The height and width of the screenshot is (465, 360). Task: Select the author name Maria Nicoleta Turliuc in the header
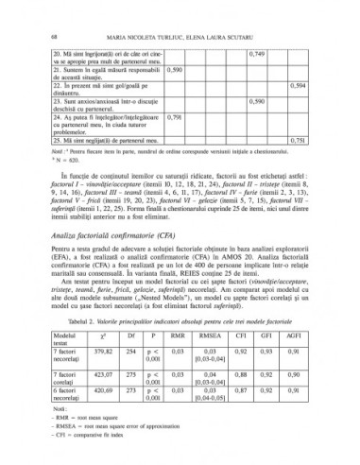point(142,10)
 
